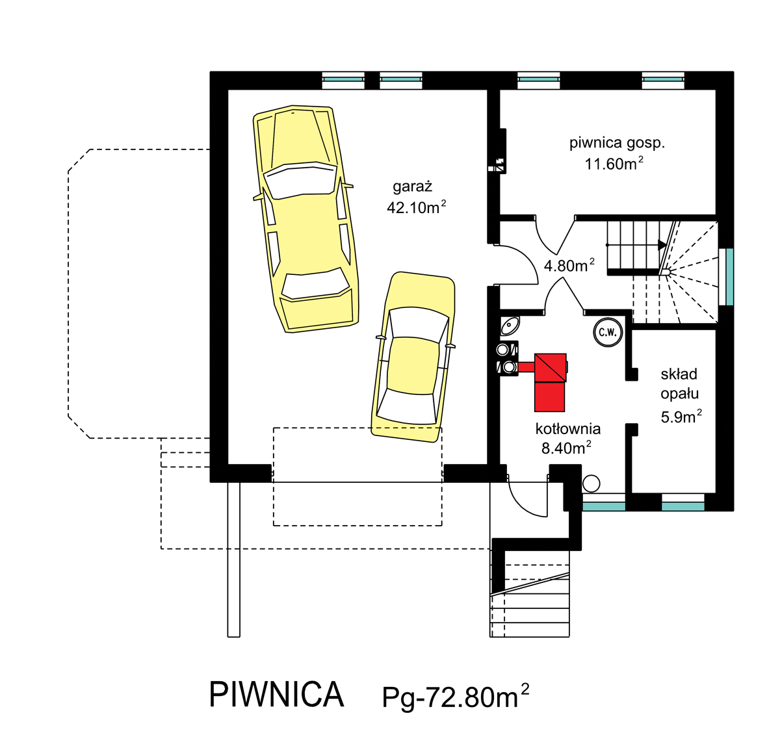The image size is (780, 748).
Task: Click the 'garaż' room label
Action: point(412,187)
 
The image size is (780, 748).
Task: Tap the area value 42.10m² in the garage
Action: point(416,207)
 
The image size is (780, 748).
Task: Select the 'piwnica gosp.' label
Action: point(616,144)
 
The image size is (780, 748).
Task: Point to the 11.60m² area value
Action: point(614,163)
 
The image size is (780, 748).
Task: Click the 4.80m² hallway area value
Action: point(569,265)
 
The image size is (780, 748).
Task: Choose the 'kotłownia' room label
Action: point(567,429)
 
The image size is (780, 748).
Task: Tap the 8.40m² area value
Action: point(566,447)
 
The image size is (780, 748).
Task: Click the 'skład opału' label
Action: point(679,383)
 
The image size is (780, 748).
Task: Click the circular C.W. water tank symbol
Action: point(608,331)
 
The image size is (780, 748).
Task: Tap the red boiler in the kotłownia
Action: point(549,382)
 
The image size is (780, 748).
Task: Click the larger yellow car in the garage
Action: point(306,219)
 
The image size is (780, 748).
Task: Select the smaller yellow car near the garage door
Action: point(413,357)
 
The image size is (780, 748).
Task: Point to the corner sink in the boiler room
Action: point(510,325)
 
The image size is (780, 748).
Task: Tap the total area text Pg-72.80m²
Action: point(456,696)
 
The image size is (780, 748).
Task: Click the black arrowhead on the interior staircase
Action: point(662,245)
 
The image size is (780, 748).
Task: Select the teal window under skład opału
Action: point(682,506)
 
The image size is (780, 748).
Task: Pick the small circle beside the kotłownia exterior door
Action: point(591,484)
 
